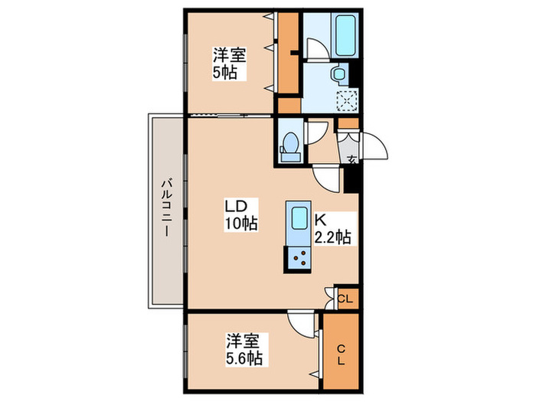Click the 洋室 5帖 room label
point(230,64)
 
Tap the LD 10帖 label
point(240,214)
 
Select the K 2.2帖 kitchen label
point(332,229)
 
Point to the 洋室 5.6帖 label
point(244,349)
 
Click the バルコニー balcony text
point(166,208)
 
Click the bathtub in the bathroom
point(347,35)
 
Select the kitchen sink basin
point(299,218)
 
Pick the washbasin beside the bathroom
point(340,74)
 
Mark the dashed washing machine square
point(347,101)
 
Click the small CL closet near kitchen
point(347,299)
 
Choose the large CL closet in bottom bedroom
point(341,351)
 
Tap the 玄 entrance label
point(351,159)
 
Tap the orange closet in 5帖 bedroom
point(288,53)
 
